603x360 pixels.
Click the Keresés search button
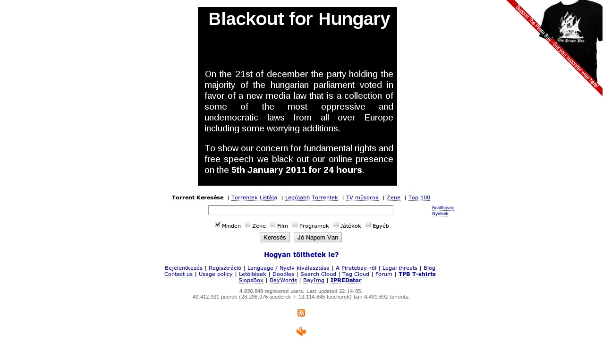click(274, 237)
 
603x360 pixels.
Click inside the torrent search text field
click(300, 210)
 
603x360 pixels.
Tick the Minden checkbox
click(218, 225)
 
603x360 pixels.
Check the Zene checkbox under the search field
click(248, 225)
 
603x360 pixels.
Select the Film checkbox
click(273, 225)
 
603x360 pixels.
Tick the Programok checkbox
click(295, 225)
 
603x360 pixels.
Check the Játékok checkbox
click(336, 225)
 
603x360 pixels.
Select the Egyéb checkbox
click(368, 225)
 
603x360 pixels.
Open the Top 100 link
click(419, 197)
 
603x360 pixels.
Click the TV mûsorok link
click(362, 197)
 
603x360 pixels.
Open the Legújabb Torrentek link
click(312, 197)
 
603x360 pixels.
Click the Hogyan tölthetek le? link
click(301, 255)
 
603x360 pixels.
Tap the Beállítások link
click(443, 208)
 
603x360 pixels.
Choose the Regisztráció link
click(225, 268)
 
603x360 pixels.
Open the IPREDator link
click(346, 280)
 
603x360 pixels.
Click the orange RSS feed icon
click(301, 313)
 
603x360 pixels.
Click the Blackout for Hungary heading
click(299, 19)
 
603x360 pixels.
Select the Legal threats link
click(400, 268)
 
